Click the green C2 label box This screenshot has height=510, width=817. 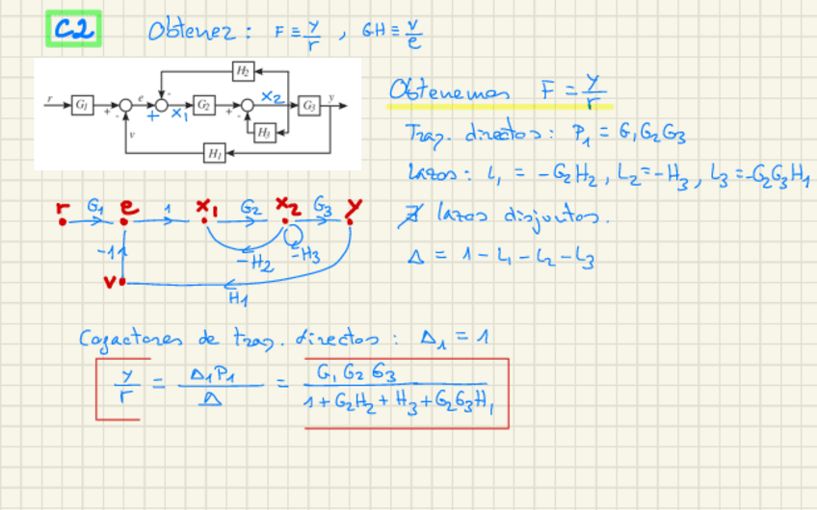point(73,30)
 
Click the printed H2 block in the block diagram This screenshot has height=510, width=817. point(243,70)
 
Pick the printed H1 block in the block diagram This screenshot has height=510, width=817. point(215,150)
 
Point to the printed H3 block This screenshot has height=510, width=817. point(263,134)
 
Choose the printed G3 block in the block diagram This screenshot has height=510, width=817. point(308,102)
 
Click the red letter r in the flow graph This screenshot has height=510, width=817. point(64,207)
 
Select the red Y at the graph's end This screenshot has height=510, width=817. point(355,206)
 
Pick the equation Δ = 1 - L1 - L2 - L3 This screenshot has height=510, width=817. point(501,257)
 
